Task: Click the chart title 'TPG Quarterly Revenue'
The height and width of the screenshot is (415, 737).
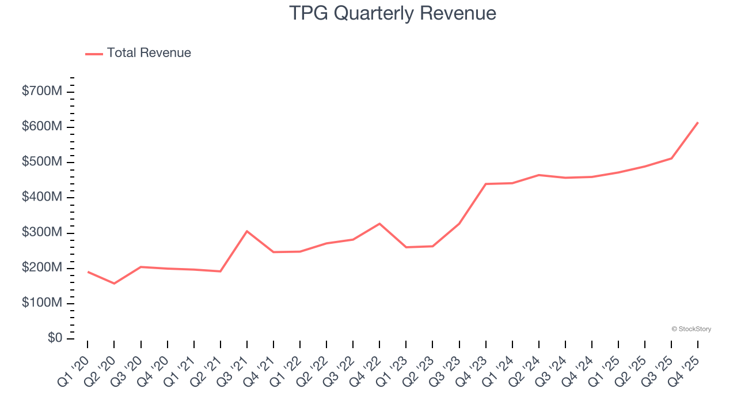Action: tap(392, 13)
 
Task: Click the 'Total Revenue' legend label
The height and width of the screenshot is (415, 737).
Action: tap(149, 53)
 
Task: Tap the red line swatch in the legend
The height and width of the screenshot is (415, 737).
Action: tap(94, 54)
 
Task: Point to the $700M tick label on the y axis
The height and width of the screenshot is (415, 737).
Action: tap(42, 91)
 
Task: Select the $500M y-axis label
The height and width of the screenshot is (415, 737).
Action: tap(42, 162)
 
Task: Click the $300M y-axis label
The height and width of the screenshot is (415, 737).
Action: tap(42, 232)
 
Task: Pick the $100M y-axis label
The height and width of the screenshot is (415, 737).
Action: tap(42, 303)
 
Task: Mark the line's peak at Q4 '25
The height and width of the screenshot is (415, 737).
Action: tap(698, 122)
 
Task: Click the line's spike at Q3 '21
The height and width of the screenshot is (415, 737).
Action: tap(246, 231)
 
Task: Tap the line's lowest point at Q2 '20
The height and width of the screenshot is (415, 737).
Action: tap(114, 284)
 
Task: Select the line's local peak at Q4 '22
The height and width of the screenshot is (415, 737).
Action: tap(379, 224)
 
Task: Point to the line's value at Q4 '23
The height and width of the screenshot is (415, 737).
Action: tap(485, 184)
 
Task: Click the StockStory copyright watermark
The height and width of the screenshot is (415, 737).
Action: tap(691, 329)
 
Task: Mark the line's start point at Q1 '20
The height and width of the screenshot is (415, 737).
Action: tap(88, 271)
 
